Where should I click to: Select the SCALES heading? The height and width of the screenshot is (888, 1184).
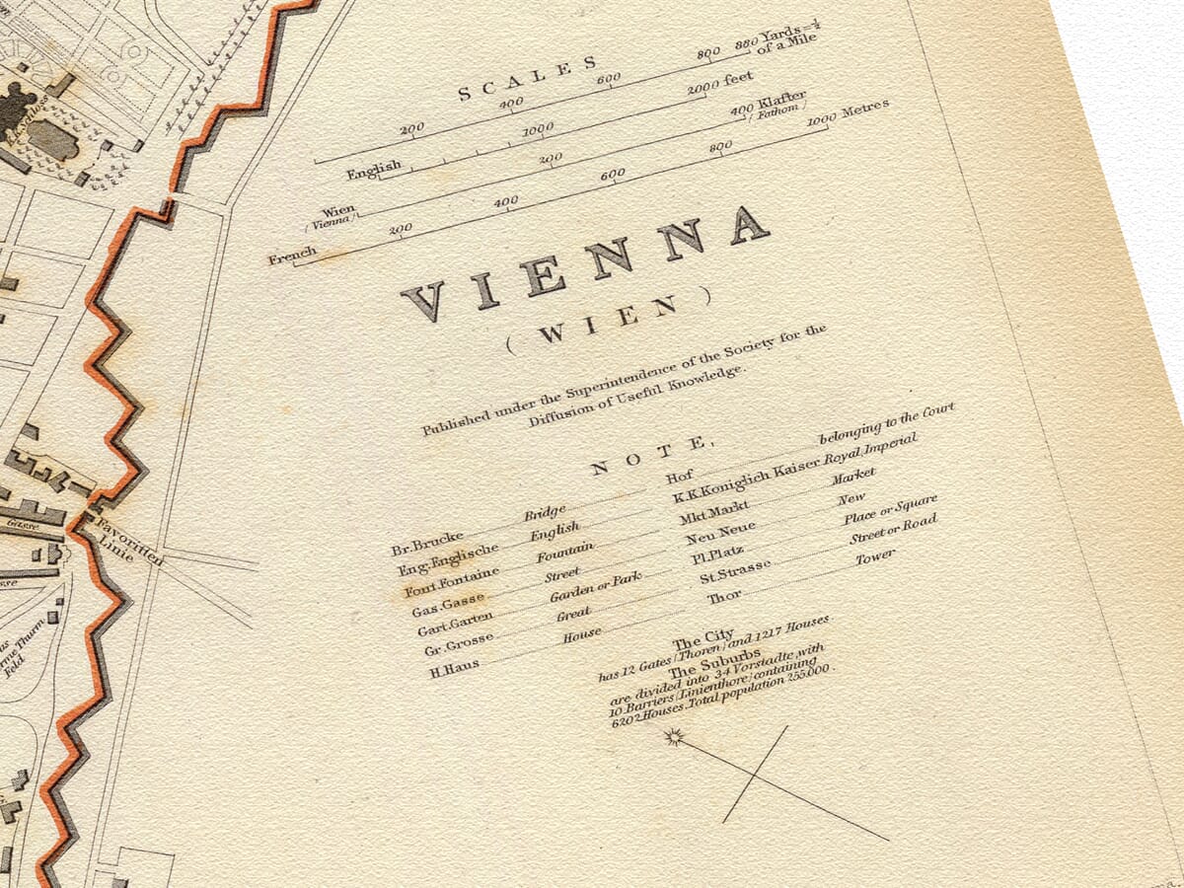pos(528,80)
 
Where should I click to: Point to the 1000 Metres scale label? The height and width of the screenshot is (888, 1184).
pos(850,111)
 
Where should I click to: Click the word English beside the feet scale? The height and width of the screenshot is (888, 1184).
pos(374,170)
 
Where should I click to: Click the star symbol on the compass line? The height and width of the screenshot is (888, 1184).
pos(674,736)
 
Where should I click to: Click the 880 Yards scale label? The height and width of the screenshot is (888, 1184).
pos(779,38)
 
